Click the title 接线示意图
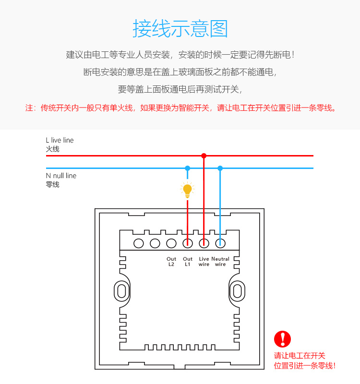(180, 29)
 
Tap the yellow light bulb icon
(188, 190)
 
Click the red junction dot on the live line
(204, 156)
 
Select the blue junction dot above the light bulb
(188, 168)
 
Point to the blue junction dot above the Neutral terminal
(220, 168)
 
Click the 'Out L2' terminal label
(171, 262)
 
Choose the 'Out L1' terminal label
(188, 262)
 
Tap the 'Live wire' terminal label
(204, 262)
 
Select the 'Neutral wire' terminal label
(220, 262)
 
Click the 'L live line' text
(60, 140)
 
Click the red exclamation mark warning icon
(283, 339)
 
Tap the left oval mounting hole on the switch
(121, 291)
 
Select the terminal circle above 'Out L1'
(188, 243)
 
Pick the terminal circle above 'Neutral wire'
(220, 243)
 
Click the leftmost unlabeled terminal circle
(139, 243)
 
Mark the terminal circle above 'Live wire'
(204, 243)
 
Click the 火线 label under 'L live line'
(53, 149)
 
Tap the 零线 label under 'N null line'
(53, 184)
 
